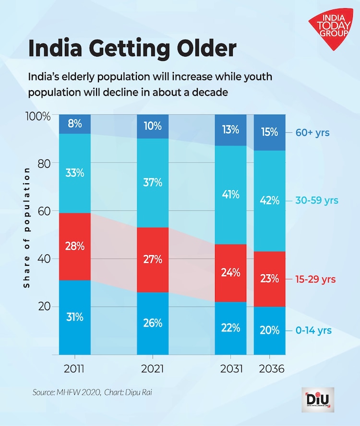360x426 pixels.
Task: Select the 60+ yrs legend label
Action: click(x=312, y=132)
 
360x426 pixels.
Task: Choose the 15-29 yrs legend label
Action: click(x=315, y=279)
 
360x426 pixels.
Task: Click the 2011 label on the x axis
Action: click(x=75, y=369)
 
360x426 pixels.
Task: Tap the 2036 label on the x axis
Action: click(x=270, y=369)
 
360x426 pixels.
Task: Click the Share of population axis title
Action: click(x=27, y=227)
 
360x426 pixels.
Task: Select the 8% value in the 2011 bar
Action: click(x=75, y=124)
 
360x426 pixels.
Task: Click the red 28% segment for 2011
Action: click(x=75, y=247)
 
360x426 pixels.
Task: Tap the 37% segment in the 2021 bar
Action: click(x=153, y=182)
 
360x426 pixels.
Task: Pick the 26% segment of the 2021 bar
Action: click(x=153, y=323)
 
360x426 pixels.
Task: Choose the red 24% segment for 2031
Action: click(x=230, y=273)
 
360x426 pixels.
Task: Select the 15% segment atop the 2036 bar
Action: click(x=270, y=132)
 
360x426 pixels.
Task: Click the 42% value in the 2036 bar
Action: click(x=270, y=201)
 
